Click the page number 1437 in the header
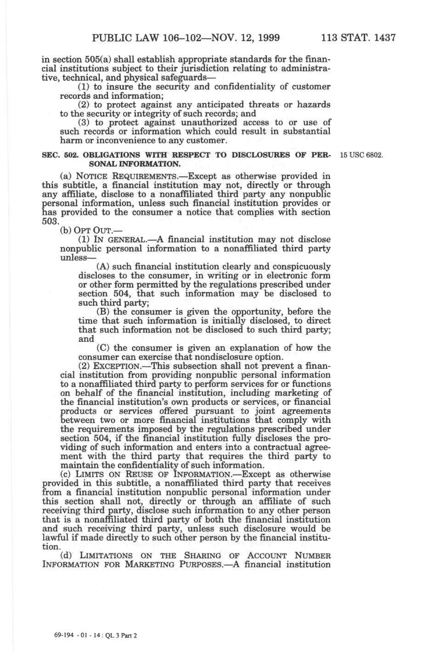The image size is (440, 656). pyautogui.click(x=381, y=37)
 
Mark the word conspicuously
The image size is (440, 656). pyautogui.click(x=301, y=266)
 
